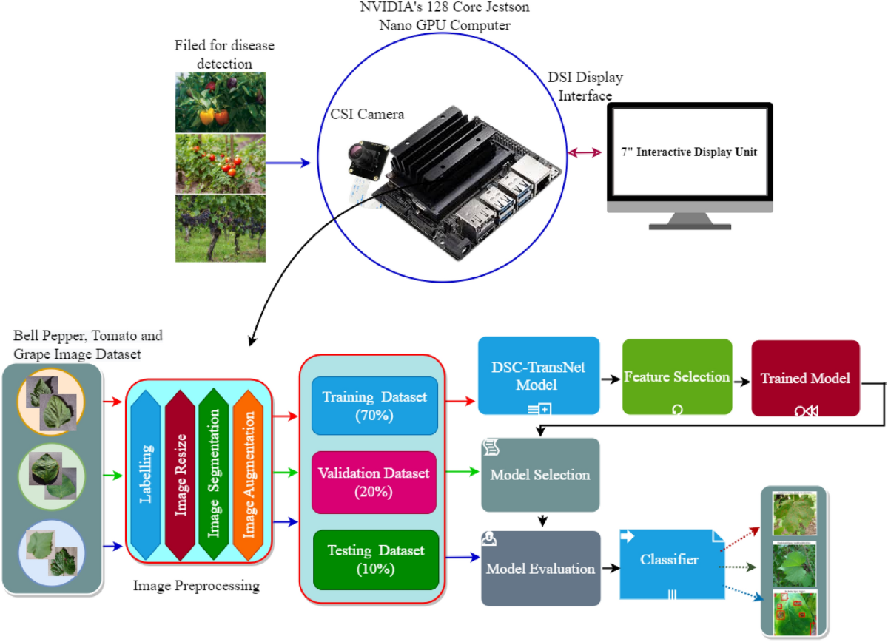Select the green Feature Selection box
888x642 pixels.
click(677, 376)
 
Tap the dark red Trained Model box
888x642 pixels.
click(805, 377)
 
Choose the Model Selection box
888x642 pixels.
click(540, 474)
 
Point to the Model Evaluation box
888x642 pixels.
click(540, 568)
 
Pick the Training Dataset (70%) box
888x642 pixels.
click(375, 406)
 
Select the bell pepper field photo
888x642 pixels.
click(221, 102)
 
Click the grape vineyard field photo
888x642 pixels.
click(221, 228)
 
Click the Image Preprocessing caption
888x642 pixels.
click(196, 587)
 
